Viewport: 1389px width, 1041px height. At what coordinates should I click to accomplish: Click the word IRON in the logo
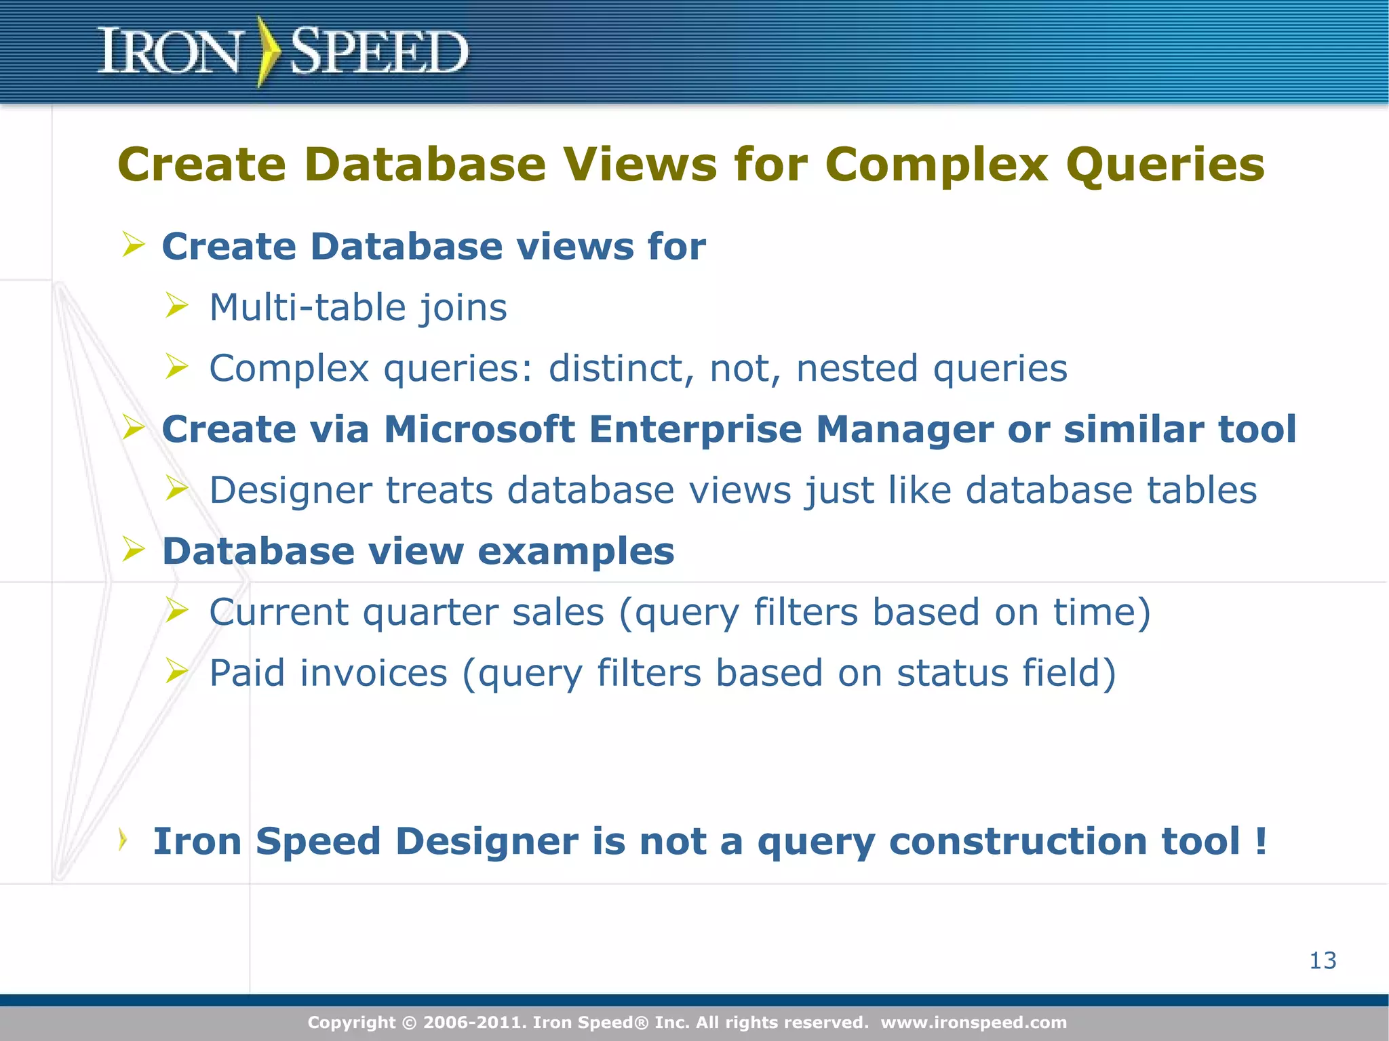[x=170, y=52]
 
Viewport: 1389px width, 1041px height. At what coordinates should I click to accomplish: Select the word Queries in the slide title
[x=1165, y=165]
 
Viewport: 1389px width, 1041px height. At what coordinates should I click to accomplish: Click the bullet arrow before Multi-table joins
[x=176, y=306]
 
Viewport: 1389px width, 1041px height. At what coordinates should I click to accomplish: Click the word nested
[x=857, y=369]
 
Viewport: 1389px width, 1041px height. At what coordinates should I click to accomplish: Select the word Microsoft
[x=480, y=429]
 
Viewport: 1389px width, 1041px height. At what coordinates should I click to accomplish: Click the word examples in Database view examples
[x=576, y=552]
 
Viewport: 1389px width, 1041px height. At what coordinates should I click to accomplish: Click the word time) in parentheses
[x=1101, y=612]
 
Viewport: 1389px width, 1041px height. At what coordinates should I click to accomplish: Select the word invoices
[x=374, y=673]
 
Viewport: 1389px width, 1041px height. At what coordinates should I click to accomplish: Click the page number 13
[x=1323, y=960]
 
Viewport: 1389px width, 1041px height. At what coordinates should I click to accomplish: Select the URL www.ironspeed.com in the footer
[x=973, y=1022]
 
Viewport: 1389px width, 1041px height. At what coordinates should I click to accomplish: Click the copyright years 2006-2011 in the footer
[x=474, y=1022]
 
